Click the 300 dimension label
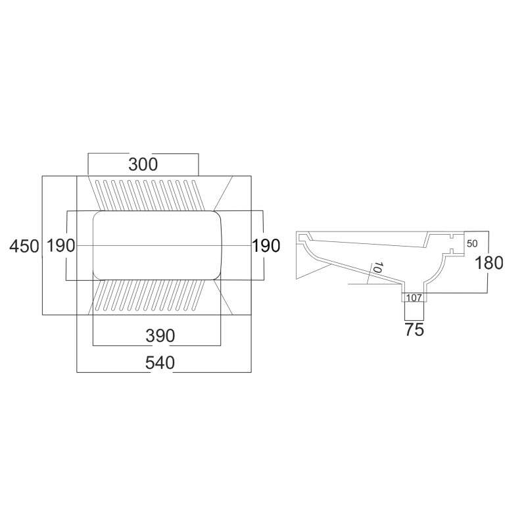coord(143,165)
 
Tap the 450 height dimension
coord(24,246)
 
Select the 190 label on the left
coord(60,245)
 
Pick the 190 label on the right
coord(266,245)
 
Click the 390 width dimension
coord(160,336)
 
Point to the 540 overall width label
coord(160,363)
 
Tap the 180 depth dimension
coord(489,262)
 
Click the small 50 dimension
coord(472,243)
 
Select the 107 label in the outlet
coord(414,298)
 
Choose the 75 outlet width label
coord(414,329)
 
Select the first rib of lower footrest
coord(101,295)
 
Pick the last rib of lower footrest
coord(199,295)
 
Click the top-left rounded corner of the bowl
coord(97,216)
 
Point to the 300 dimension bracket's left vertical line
coord(88,164)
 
